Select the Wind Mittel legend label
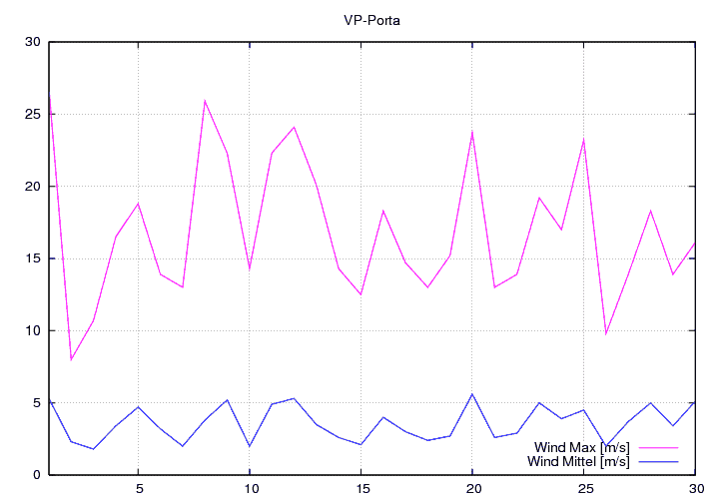click(x=578, y=461)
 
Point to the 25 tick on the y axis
click(x=33, y=114)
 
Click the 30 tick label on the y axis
click(x=33, y=42)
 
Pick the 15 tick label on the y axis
click(x=33, y=258)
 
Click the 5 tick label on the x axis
click(x=138, y=489)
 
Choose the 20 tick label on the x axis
click(x=472, y=489)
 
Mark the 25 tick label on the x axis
click(x=584, y=489)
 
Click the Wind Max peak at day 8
click(x=205, y=100)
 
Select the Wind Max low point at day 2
click(x=71, y=359)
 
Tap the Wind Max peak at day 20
click(x=472, y=131)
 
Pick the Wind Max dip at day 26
click(x=606, y=333)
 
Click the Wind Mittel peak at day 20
click(x=472, y=394)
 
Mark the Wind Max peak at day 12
click(x=294, y=127)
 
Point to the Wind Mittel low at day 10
click(x=250, y=446)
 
